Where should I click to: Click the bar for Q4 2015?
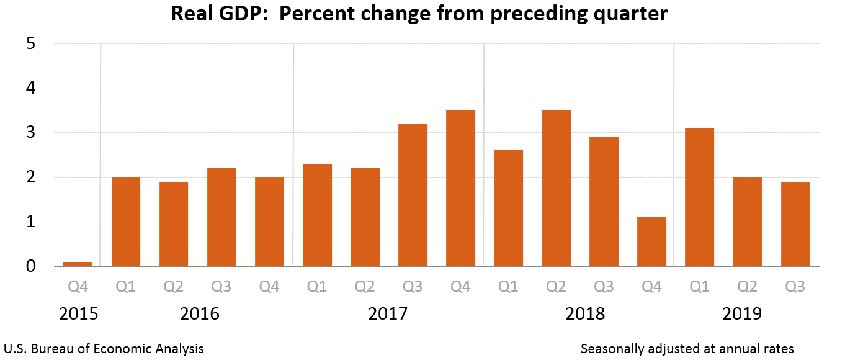(78, 264)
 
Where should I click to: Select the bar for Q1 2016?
(126, 222)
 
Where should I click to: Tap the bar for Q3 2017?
(413, 195)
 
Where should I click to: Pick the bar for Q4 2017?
(460, 188)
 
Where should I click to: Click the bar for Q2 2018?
(556, 188)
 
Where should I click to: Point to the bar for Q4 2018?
(651, 241)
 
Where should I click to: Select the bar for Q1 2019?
(699, 197)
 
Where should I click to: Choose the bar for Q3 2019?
(795, 224)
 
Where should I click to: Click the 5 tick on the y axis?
(31, 44)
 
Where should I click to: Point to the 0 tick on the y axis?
(31, 266)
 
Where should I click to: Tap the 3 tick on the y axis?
(31, 133)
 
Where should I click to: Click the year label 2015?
(78, 313)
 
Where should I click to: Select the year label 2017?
(388, 313)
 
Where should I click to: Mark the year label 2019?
(742, 313)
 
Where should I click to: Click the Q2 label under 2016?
(174, 287)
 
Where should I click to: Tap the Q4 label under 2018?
(651, 287)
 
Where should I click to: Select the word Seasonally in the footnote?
(610, 349)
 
